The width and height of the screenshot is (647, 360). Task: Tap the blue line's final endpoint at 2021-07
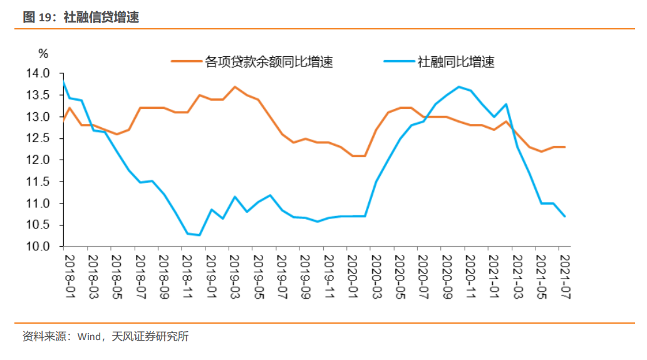click(x=565, y=217)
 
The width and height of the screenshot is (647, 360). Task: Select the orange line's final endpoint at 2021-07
click(x=565, y=147)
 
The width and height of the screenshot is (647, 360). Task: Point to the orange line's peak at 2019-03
click(x=234, y=87)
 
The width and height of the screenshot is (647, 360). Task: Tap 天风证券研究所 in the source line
click(x=150, y=337)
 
